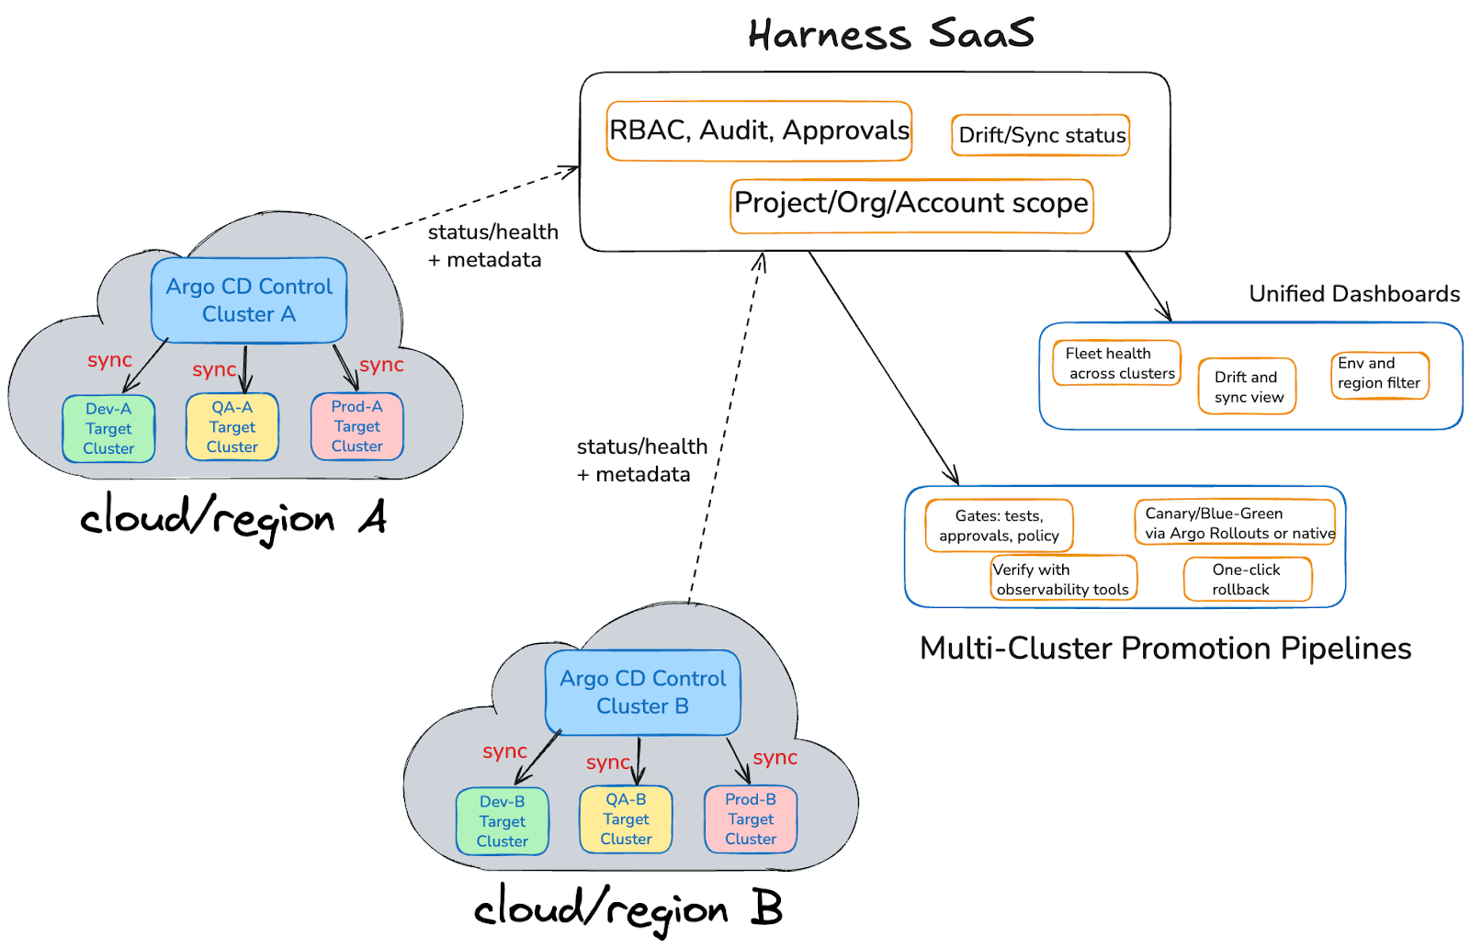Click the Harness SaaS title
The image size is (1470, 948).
click(x=890, y=33)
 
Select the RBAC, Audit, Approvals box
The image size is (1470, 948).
click(x=759, y=131)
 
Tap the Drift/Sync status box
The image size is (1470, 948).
click(x=1040, y=135)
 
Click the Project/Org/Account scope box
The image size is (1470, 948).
click(x=911, y=206)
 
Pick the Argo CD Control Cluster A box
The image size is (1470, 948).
click(x=249, y=299)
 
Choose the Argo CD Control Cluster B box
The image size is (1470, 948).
click(x=642, y=692)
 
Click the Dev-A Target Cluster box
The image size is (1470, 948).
click(x=109, y=428)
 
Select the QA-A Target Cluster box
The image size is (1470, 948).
click(x=232, y=426)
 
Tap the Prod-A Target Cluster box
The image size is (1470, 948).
click(x=357, y=426)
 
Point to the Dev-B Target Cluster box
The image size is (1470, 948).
click(x=503, y=820)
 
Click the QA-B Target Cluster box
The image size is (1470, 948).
click(x=626, y=818)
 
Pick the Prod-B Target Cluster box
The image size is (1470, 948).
click(x=751, y=818)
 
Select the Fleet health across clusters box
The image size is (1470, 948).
click(x=1117, y=363)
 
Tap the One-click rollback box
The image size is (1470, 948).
click(x=1248, y=579)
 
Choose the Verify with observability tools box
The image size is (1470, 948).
click(x=1063, y=578)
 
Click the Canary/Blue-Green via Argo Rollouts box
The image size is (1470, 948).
click(x=1235, y=522)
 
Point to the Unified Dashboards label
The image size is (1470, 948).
click(x=1354, y=294)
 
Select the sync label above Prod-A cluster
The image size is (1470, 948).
click(x=381, y=364)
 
